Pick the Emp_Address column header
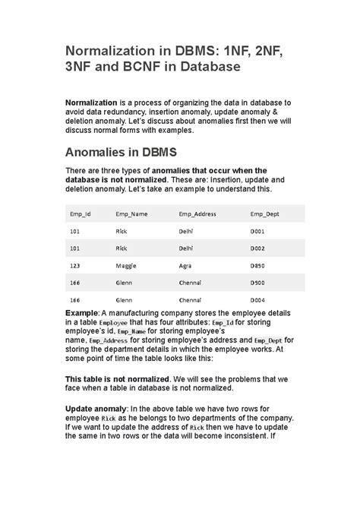[x=197, y=214]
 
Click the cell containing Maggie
[x=126, y=265]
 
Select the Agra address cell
[x=186, y=265]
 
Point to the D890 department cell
[x=258, y=265]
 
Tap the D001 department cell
[x=258, y=230]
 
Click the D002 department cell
[x=258, y=248]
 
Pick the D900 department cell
[x=258, y=283]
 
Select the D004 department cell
[x=258, y=300]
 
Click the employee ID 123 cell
[x=75, y=265]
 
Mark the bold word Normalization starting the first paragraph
[x=91, y=102]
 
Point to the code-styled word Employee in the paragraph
[x=115, y=324]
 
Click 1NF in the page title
[x=229, y=49]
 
